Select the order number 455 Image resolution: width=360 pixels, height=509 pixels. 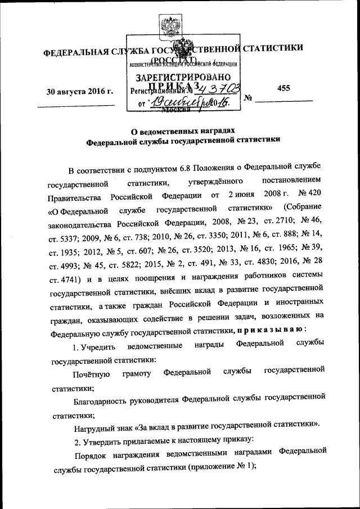(284, 88)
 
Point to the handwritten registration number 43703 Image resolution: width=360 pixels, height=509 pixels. (217, 88)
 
